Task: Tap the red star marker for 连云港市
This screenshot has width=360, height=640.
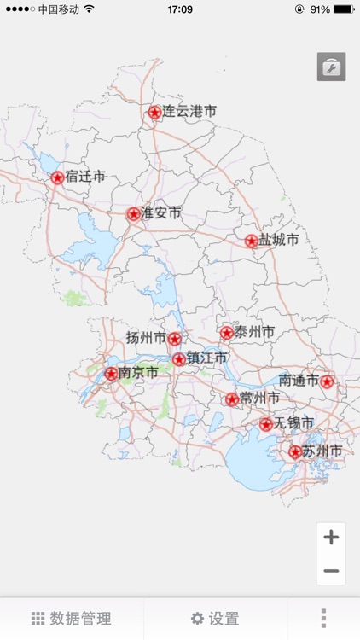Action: click(154, 112)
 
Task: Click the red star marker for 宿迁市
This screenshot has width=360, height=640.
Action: click(57, 177)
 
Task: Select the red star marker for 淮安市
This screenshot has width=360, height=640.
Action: click(133, 213)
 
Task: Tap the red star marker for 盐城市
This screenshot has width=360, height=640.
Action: click(251, 241)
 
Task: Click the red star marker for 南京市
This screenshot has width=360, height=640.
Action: click(111, 374)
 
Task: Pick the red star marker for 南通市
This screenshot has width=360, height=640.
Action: click(327, 381)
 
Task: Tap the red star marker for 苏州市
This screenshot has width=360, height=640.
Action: click(295, 451)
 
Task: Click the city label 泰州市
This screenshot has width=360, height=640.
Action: click(254, 332)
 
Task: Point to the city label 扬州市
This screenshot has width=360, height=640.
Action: click(146, 338)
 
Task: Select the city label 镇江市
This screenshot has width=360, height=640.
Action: click(207, 358)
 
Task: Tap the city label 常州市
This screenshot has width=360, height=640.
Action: click(259, 399)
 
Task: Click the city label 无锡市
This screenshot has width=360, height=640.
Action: click(293, 423)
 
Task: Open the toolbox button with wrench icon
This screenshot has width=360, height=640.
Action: click(331, 67)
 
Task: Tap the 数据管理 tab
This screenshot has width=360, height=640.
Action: click(72, 619)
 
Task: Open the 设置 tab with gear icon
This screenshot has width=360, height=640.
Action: click(215, 619)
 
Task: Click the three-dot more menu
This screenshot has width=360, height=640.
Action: click(323, 619)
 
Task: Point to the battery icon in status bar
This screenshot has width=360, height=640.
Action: click(344, 9)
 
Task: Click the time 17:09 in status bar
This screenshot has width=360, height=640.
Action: click(180, 9)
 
